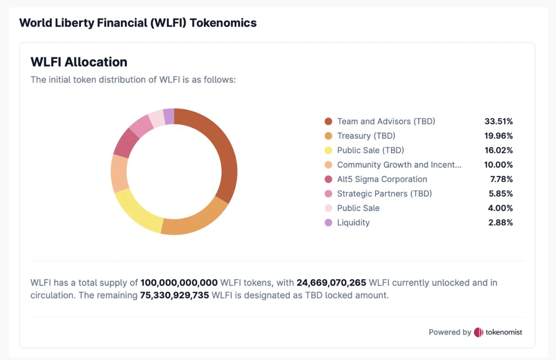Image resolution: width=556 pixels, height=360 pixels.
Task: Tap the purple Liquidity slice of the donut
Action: (x=169, y=116)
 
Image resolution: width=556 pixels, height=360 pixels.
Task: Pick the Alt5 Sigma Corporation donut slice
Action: (x=125, y=142)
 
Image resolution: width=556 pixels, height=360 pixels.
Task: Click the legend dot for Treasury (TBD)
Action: (x=328, y=136)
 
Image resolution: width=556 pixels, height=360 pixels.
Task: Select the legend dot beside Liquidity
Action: (x=328, y=223)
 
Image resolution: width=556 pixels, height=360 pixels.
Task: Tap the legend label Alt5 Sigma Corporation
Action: (x=382, y=179)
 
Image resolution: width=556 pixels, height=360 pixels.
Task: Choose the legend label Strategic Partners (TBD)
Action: (x=384, y=194)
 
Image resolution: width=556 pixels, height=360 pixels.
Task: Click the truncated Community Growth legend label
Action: (x=399, y=165)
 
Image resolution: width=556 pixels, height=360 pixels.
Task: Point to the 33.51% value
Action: (x=499, y=121)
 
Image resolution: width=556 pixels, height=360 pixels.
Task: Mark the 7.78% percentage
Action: (x=501, y=179)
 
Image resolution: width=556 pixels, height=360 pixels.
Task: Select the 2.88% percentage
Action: (x=501, y=223)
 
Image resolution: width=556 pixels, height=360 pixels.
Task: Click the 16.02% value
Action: (x=499, y=151)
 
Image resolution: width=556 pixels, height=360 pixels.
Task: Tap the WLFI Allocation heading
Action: (x=79, y=62)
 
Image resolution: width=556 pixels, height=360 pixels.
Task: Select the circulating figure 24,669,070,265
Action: (x=331, y=283)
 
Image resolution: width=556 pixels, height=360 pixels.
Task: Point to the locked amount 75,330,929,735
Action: (x=175, y=296)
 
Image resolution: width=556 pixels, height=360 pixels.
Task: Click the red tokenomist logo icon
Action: (x=479, y=332)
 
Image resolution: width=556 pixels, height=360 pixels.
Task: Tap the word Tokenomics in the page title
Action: (x=223, y=23)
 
